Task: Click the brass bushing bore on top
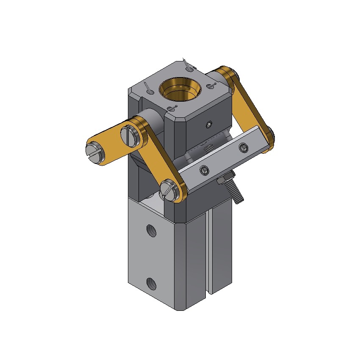178,89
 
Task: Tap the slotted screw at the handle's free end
94,151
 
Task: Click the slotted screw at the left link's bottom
168,189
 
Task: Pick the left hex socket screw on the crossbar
204,170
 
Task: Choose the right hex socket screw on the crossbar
243,147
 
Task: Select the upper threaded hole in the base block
151,230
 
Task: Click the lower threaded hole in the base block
150,283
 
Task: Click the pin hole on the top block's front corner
171,108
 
